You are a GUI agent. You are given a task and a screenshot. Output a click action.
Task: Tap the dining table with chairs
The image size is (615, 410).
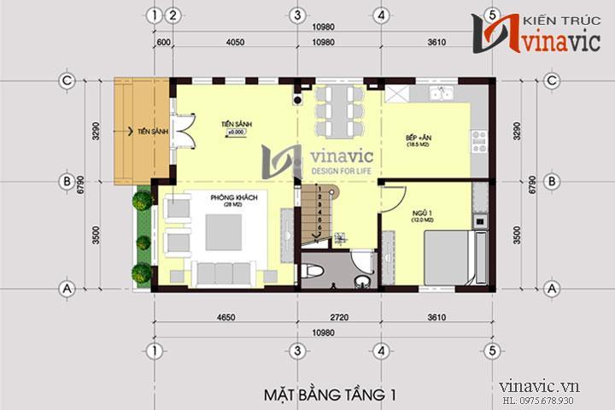(x=338, y=111)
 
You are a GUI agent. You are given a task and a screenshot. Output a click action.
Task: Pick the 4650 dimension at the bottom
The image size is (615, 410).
(x=225, y=319)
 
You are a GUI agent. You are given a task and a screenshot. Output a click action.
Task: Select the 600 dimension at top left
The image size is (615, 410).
(x=163, y=42)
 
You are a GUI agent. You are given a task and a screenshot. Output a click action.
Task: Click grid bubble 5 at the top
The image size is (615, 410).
(x=492, y=15)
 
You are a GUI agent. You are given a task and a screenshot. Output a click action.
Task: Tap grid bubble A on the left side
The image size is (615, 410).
(x=65, y=289)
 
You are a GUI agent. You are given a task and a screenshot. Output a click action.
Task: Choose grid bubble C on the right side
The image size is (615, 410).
(x=552, y=80)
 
